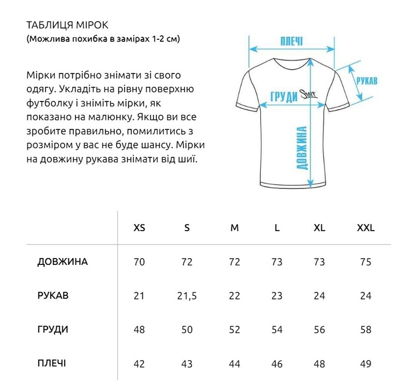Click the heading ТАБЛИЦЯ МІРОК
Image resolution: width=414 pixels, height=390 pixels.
[x=68, y=25]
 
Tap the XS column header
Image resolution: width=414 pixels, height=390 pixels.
[x=139, y=228]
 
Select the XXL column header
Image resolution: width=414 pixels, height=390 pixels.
[x=365, y=228]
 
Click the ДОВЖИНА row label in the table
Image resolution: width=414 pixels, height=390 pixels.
[x=63, y=262]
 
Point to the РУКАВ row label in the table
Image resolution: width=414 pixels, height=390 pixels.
[x=53, y=296]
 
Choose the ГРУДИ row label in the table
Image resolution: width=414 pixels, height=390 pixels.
[x=53, y=329]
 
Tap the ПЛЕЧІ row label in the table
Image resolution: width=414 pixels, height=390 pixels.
[x=51, y=363]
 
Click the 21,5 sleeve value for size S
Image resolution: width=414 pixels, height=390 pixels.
[x=187, y=296]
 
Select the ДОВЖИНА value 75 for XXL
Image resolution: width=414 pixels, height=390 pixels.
[x=365, y=262]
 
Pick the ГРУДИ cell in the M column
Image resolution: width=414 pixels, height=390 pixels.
[x=234, y=330]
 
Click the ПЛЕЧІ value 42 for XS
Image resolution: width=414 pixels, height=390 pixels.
[x=139, y=364]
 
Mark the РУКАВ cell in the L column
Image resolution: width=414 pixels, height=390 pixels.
[x=277, y=296]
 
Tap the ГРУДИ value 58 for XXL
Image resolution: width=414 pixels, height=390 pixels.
[x=365, y=330]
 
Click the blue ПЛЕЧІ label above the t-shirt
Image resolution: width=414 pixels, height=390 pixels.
[x=291, y=41]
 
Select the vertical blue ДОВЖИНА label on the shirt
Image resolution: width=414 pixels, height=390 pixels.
[x=303, y=148]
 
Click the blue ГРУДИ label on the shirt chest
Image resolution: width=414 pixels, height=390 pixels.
[x=284, y=96]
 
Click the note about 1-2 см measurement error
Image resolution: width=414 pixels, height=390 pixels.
[x=103, y=39]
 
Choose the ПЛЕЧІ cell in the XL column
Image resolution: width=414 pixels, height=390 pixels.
[x=319, y=364]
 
